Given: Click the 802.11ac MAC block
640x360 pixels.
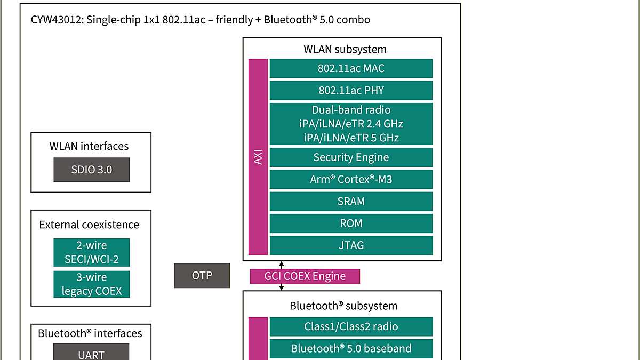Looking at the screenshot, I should tap(351, 69).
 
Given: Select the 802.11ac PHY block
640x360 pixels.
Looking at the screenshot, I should tap(351, 91).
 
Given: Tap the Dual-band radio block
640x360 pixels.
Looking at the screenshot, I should tap(351, 124).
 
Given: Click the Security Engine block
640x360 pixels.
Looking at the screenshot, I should tap(351, 157).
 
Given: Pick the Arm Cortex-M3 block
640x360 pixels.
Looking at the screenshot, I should tap(351, 180).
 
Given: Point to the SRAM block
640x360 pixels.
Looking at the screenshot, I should tap(351, 202).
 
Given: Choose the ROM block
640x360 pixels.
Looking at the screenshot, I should tap(351, 223).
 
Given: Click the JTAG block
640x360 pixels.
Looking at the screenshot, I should tap(351, 245).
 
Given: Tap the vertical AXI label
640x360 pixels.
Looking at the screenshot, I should tap(259, 157).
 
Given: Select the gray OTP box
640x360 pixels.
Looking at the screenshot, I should tap(202, 276).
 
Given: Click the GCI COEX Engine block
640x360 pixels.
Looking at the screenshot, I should tap(305, 276).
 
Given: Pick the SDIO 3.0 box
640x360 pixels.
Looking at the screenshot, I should tap(92, 170).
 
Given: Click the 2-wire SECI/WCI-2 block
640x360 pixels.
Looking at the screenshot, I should tap(92, 253).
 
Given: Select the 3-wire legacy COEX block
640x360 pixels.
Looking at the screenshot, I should tap(92, 284).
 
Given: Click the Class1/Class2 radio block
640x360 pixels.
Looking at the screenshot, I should tap(351, 327).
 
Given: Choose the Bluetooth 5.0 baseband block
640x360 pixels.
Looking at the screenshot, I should tap(351, 349).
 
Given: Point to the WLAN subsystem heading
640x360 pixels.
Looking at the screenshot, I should tap(345, 50).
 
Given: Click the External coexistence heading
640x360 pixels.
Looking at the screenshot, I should tap(89, 225).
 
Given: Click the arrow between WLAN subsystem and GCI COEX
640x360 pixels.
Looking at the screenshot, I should tap(282, 265).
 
